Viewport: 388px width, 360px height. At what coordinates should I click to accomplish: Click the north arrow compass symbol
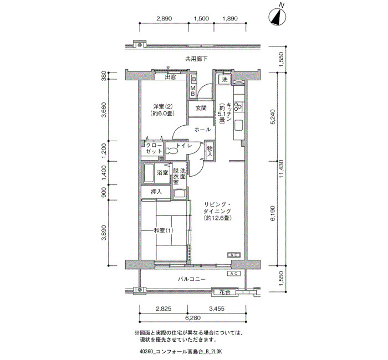[277, 17]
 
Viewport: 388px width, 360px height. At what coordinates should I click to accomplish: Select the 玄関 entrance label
[201, 109]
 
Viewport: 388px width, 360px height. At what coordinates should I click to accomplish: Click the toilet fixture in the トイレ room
[171, 151]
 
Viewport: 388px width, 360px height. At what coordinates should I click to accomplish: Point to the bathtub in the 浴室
[149, 173]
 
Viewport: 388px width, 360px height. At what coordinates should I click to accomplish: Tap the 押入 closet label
[156, 192]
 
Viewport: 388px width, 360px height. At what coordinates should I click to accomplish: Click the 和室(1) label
[164, 231]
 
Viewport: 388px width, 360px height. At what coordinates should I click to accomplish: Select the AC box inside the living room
[234, 255]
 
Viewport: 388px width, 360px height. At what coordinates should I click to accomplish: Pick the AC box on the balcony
[234, 274]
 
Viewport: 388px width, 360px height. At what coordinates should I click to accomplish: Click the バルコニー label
[192, 279]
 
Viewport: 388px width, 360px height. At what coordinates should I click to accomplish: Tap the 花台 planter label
[224, 292]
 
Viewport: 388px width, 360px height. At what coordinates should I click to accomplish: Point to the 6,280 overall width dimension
[193, 318]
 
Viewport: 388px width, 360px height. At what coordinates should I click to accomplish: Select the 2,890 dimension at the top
[164, 18]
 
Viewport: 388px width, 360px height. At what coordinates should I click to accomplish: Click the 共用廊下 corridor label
[196, 59]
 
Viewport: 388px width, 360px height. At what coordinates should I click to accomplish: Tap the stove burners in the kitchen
[238, 106]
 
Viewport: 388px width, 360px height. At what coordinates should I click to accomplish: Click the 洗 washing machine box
[224, 80]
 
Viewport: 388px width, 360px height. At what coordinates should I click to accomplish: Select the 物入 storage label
[210, 151]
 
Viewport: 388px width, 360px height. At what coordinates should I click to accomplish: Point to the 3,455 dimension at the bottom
[217, 308]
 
